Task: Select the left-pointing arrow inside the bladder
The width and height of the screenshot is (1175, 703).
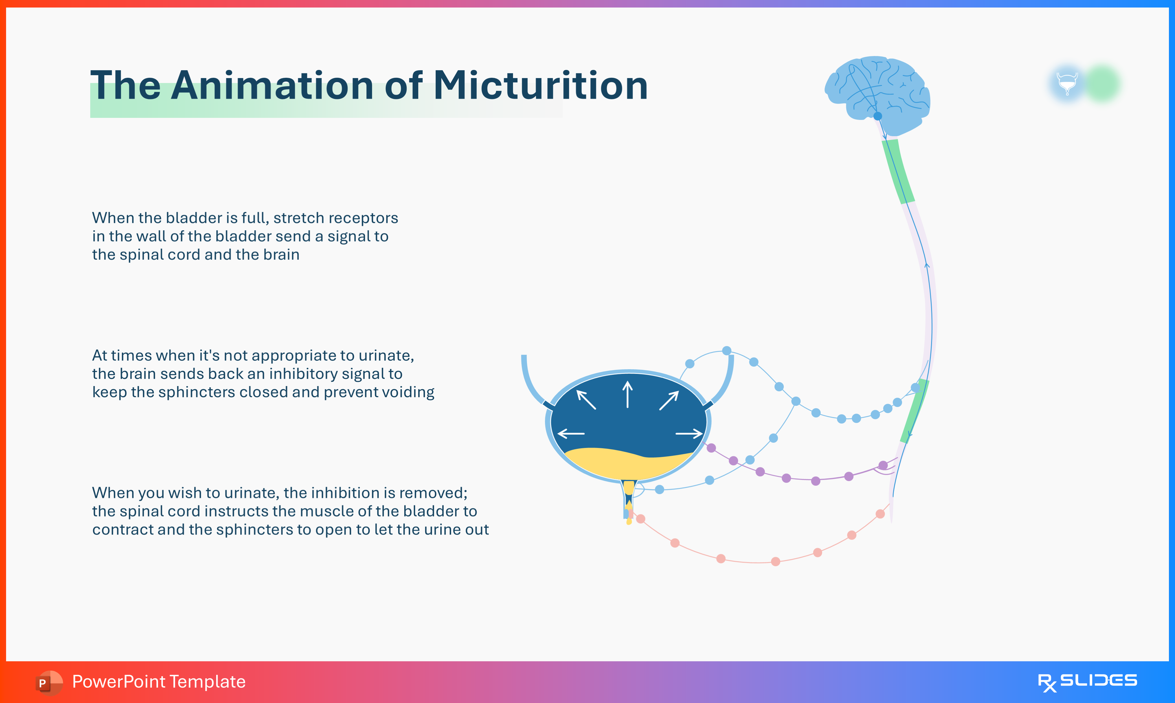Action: [x=571, y=433]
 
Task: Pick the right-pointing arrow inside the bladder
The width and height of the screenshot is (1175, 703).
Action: [x=689, y=433]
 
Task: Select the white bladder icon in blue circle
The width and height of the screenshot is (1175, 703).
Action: [x=1067, y=83]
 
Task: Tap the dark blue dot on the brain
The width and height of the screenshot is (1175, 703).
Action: [x=877, y=116]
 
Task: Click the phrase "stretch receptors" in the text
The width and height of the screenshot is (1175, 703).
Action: [x=335, y=218]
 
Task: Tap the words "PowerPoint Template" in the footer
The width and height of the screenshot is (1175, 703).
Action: [x=159, y=682]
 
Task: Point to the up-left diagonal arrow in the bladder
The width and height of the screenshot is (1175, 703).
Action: [x=586, y=399]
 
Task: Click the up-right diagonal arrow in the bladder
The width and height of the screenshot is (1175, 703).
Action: [x=669, y=400]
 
